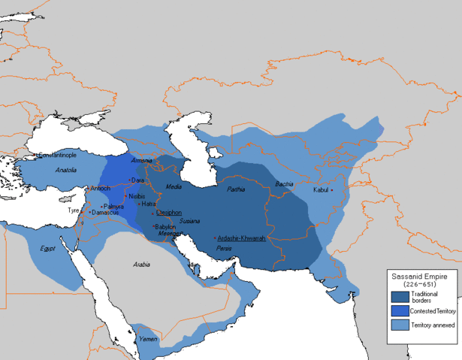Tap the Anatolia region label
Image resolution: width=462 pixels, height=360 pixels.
[x=66, y=171]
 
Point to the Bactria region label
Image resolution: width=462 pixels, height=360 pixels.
[x=285, y=183]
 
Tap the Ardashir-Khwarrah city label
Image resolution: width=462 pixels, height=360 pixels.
[x=242, y=237]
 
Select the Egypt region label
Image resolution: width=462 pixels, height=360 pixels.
[x=48, y=247]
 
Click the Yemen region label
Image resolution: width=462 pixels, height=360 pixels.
[x=147, y=338]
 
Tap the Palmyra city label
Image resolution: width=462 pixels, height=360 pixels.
[x=114, y=205]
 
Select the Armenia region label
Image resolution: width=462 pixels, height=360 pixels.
[x=141, y=162]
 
